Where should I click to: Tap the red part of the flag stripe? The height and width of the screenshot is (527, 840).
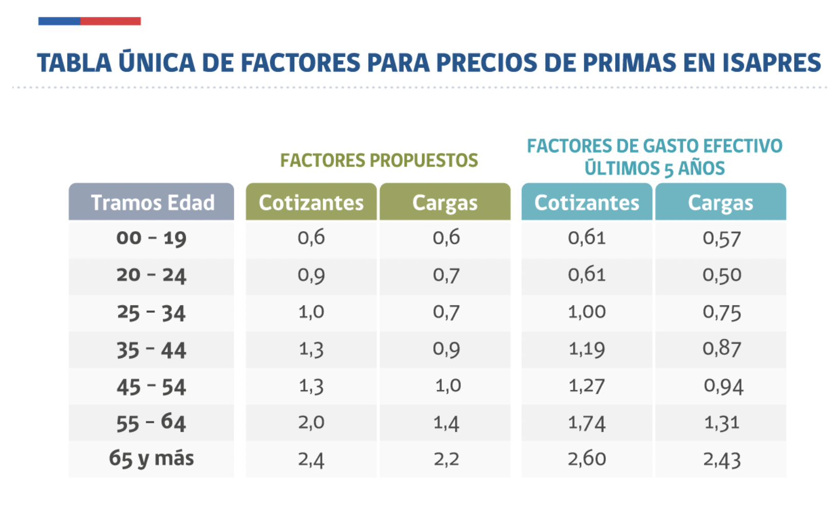(x=110, y=21)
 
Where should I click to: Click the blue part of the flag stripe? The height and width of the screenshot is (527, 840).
(x=59, y=21)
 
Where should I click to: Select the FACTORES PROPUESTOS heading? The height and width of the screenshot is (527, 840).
(x=379, y=161)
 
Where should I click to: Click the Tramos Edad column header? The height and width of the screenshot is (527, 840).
(x=152, y=202)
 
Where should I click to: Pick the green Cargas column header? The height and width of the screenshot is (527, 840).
(x=445, y=202)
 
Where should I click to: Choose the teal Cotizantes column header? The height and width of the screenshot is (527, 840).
(x=587, y=202)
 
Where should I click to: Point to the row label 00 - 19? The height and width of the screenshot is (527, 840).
(x=151, y=238)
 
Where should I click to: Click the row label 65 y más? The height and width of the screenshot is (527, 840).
(x=151, y=459)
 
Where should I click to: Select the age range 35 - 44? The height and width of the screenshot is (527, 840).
(x=151, y=350)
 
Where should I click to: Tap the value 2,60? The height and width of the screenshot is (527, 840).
(x=587, y=459)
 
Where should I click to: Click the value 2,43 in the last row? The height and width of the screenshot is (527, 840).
(x=721, y=460)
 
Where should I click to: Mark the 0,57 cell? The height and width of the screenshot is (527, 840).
(x=721, y=238)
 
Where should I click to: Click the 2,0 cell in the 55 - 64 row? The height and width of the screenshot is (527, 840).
(x=311, y=423)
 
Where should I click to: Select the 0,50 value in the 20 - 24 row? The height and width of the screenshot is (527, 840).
(x=721, y=275)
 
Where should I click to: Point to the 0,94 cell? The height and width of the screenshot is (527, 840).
(x=723, y=386)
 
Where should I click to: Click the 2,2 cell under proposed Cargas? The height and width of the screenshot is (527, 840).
(x=446, y=459)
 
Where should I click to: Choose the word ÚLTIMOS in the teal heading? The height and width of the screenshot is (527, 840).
(x=622, y=168)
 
